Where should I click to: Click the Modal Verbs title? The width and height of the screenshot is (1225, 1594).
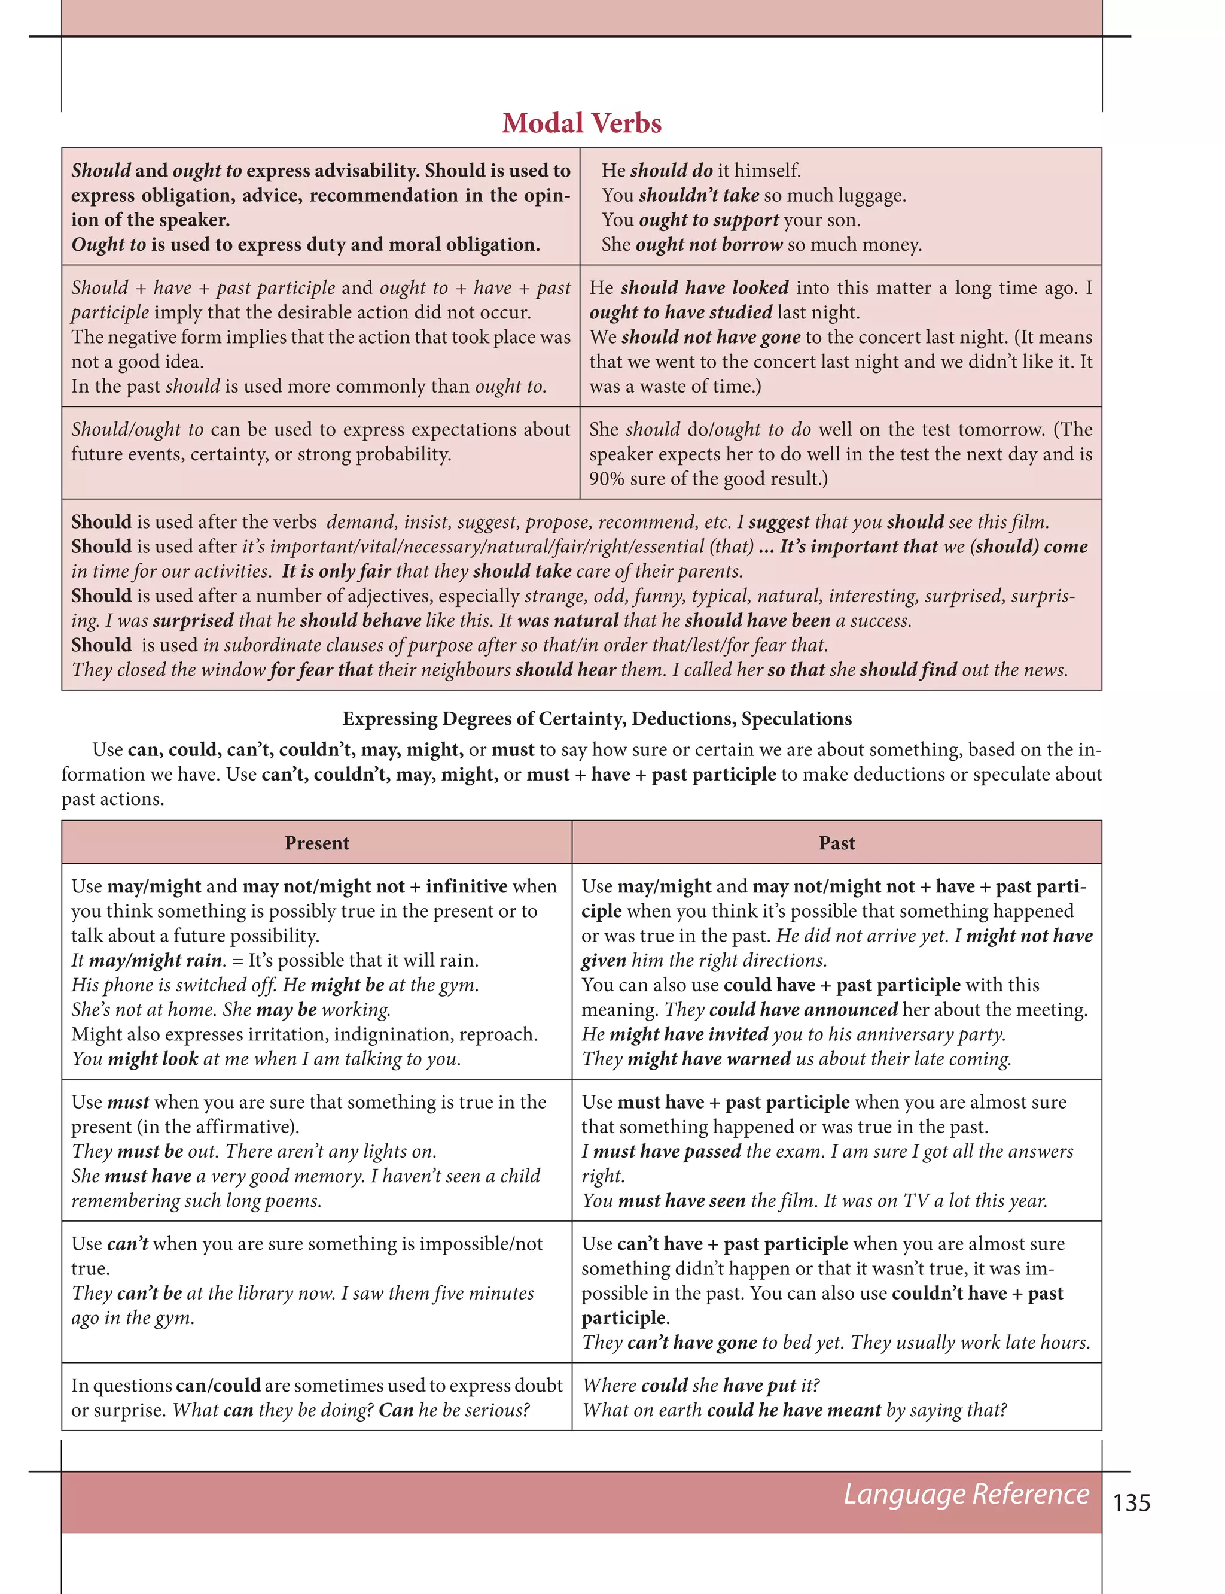(581, 123)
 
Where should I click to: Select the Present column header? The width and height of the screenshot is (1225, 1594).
(316, 843)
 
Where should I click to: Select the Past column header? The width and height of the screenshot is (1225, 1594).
(836, 843)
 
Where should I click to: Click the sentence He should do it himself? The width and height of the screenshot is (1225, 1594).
(701, 170)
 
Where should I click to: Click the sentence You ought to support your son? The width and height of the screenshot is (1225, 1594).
(730, 220)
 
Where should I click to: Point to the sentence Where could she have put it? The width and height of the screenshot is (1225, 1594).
(701, 1385)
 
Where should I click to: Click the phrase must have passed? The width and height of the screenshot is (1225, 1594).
(666, 1151)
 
